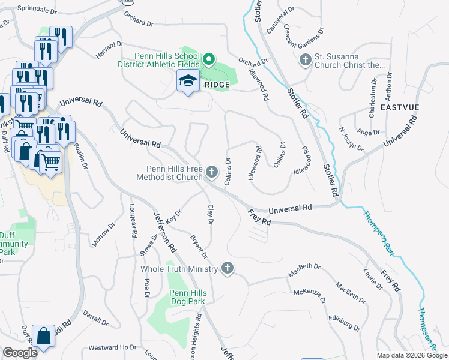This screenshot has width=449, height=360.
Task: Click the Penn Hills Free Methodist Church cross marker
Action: click(x=211, y=172)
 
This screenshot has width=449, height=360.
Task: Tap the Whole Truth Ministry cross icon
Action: click(x=227, y=268)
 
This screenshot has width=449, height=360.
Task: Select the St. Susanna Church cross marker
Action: click(x=305, y=60)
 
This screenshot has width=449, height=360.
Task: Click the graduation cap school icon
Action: click(x=188, y=82)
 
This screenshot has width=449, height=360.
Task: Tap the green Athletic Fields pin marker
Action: click(x=209, y=59)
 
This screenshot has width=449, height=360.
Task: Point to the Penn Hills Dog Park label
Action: click(x=179, y=298)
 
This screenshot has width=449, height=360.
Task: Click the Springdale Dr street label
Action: click(x=37, y=10)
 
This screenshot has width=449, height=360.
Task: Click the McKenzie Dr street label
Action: click(x=309, y=297)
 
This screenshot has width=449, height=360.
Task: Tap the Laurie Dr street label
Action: click(x=373, y=279)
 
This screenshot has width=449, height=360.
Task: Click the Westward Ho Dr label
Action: click(x=112, y=347)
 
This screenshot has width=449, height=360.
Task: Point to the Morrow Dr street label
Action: click(x=102, y=235)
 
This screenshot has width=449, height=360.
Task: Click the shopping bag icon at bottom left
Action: click(x=44, y=337)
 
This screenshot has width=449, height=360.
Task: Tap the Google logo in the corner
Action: click(x=20, y=353)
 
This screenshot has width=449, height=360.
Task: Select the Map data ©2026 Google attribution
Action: click(x=411, y=355)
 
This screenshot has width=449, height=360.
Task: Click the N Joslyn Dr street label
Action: click(x=351, y=139)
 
